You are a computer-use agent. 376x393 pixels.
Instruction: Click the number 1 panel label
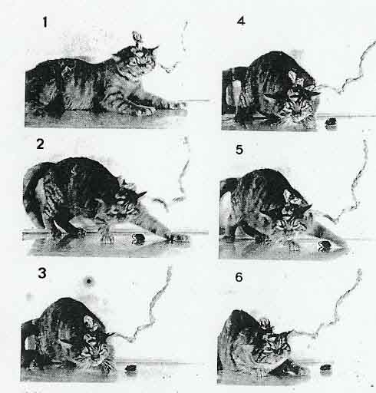click(x=45, y=22)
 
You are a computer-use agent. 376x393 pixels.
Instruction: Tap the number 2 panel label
click(x=41, y=144)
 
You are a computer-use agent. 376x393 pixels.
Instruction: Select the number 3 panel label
click(x=42, y=272)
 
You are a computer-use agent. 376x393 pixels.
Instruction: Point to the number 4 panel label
click(x=241, y=21)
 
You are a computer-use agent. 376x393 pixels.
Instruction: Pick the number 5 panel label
click(x=239, y=150)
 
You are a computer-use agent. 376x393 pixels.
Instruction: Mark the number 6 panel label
click(x=239, y=277)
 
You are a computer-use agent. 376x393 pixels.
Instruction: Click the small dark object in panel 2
click(x=140, y=239)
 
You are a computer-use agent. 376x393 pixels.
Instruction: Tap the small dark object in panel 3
click(x=130, y=368)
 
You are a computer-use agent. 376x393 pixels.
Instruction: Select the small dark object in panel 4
click(x=331, y=121)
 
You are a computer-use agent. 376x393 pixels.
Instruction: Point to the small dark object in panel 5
click(x=325, y=246)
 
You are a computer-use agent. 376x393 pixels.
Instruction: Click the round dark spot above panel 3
click(x=89, y=282)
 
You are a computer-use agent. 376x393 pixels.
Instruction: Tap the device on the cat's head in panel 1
click(x=137, y=39)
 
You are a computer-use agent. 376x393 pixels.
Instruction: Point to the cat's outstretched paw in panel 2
click(x=176, y=238)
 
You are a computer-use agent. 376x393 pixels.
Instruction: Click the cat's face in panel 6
click(x=276, y=345)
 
